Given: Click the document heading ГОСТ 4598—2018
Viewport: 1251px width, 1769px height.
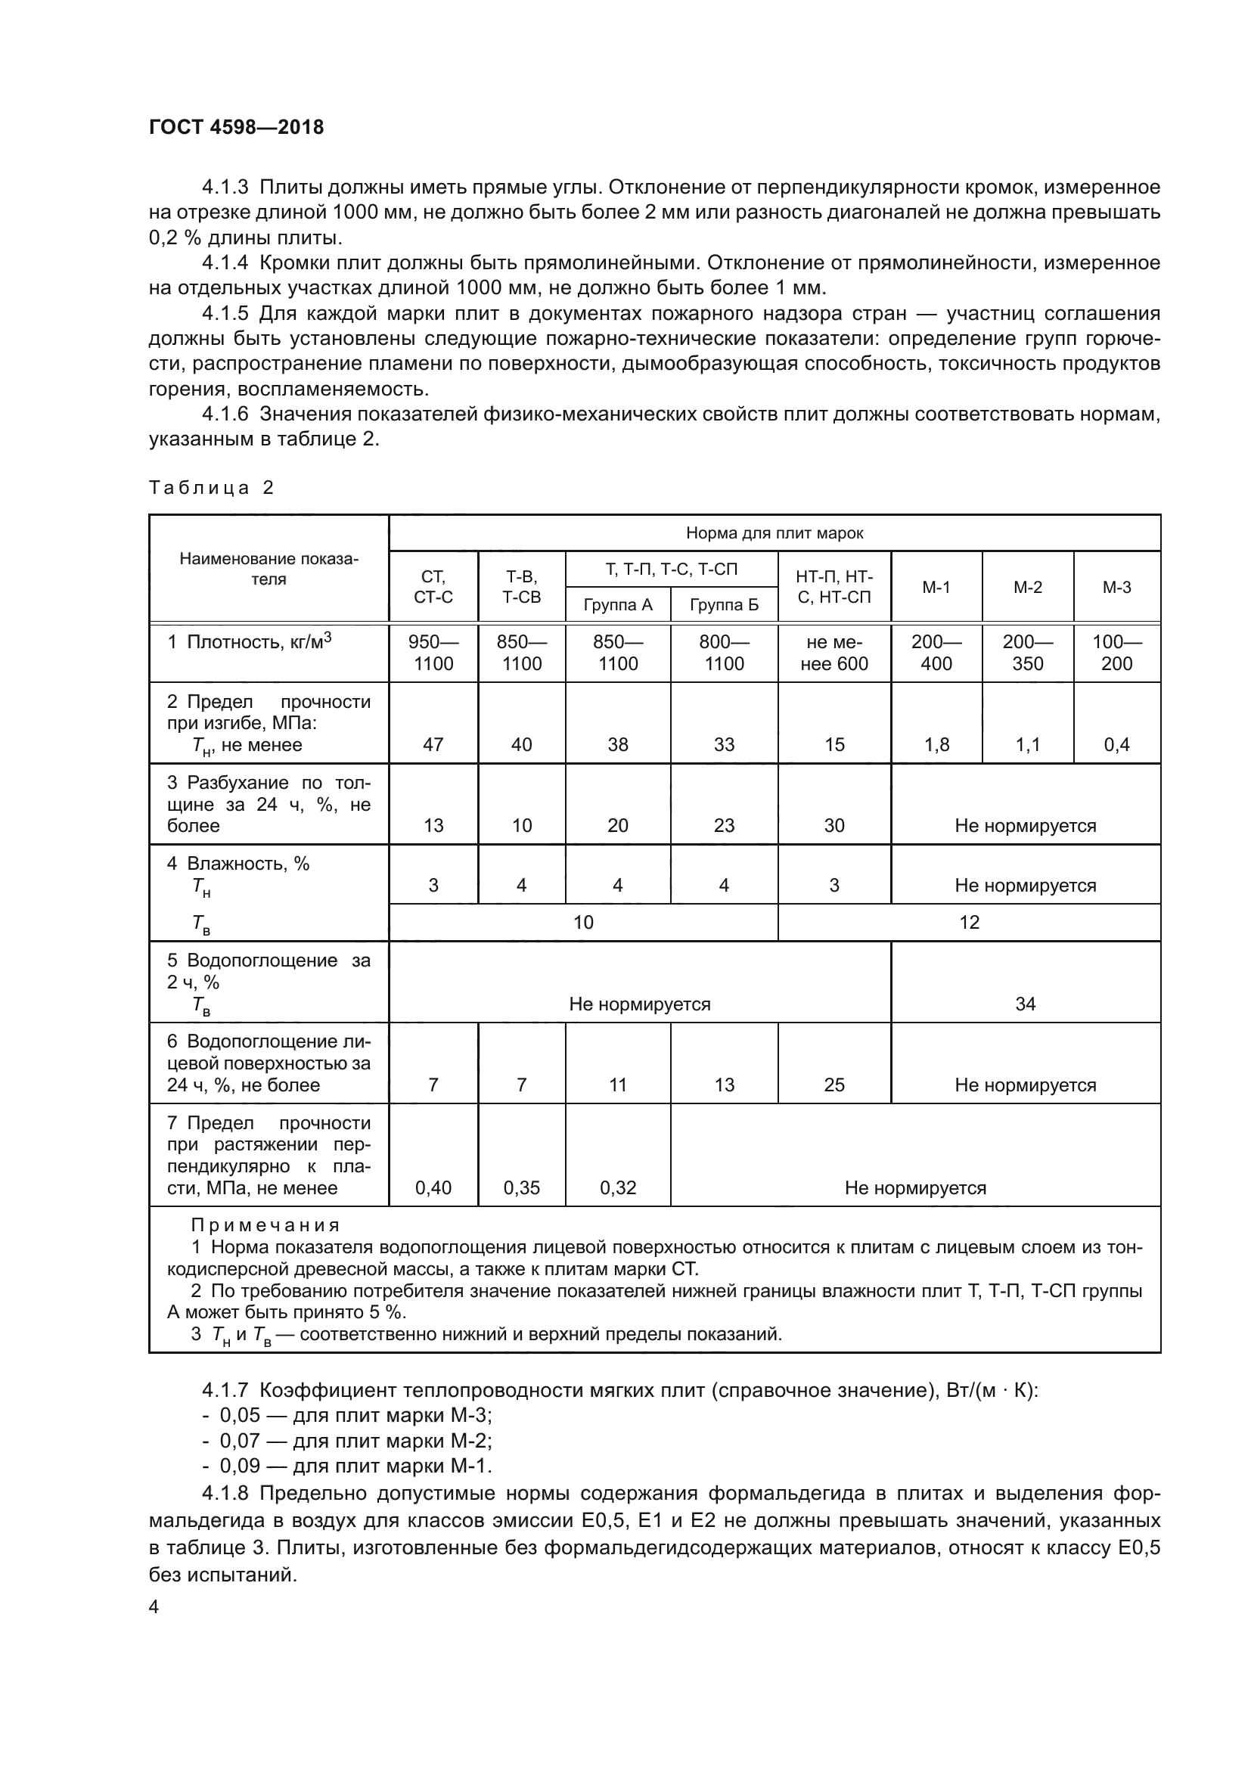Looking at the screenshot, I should (x=237, y=127).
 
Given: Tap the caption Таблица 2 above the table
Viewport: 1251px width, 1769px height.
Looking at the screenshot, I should (x=211, y=488).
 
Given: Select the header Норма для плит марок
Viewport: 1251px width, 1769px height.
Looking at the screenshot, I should (x=775, y=533).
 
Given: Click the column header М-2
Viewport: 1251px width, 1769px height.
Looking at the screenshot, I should (x=1027, y=587).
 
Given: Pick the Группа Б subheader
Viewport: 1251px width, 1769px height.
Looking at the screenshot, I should (x=723, y=605).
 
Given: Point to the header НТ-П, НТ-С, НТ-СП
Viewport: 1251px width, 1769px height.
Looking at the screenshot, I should (x=833, y=586).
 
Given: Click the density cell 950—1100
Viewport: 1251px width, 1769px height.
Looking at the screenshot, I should (x=433, y=653).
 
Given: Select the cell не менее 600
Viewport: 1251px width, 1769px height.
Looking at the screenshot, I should (x=833, y=653).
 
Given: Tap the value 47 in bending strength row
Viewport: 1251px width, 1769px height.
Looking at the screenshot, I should (x=433, y=744).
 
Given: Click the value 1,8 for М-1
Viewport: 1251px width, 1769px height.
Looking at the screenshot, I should (x=936, y=744).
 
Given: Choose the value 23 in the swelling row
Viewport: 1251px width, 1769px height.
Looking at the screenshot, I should (x=723, y=825).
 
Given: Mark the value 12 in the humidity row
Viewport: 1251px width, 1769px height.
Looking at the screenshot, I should (x=968, y=922).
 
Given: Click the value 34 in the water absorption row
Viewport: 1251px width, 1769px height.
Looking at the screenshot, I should (x=1025, y=1003).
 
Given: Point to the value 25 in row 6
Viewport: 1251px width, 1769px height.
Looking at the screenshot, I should (x=833, y=1085).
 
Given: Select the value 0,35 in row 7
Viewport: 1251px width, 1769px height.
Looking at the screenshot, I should (x=522, y=1187).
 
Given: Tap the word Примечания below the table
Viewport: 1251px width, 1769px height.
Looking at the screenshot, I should (x=265, y=1225).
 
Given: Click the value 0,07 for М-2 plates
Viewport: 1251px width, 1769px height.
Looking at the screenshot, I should (x=240, y=1440).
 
